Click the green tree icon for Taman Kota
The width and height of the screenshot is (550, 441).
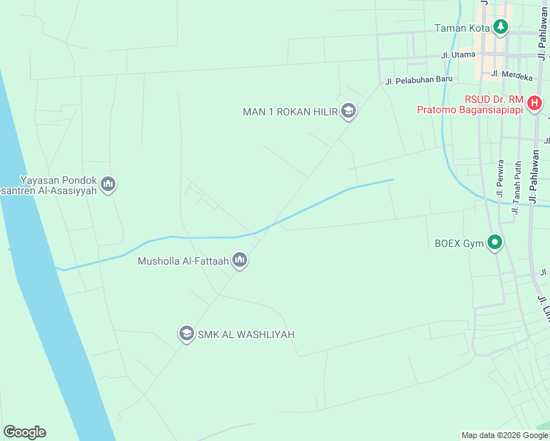pos(501,28)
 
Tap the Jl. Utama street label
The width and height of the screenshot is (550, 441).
pos(458,55)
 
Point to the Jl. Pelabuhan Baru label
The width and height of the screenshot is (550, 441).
pos(418,81)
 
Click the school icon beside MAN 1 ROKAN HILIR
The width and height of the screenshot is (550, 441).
pos(349,112)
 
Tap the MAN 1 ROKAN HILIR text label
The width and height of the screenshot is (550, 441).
pos(290,112)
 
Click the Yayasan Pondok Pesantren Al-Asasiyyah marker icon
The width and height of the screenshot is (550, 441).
pos(108,184)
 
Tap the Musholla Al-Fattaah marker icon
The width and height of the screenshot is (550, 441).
pos(240,259)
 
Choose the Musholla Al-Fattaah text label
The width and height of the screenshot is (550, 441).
pos(183,260)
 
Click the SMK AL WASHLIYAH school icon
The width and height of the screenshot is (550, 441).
pos(186,334)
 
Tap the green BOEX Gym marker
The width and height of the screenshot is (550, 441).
pos(496,242)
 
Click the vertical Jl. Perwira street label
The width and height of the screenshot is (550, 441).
pos(501,179)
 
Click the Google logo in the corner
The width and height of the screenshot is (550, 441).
pos(24,432)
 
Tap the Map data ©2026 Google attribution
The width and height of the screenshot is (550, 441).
pos(504,435)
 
